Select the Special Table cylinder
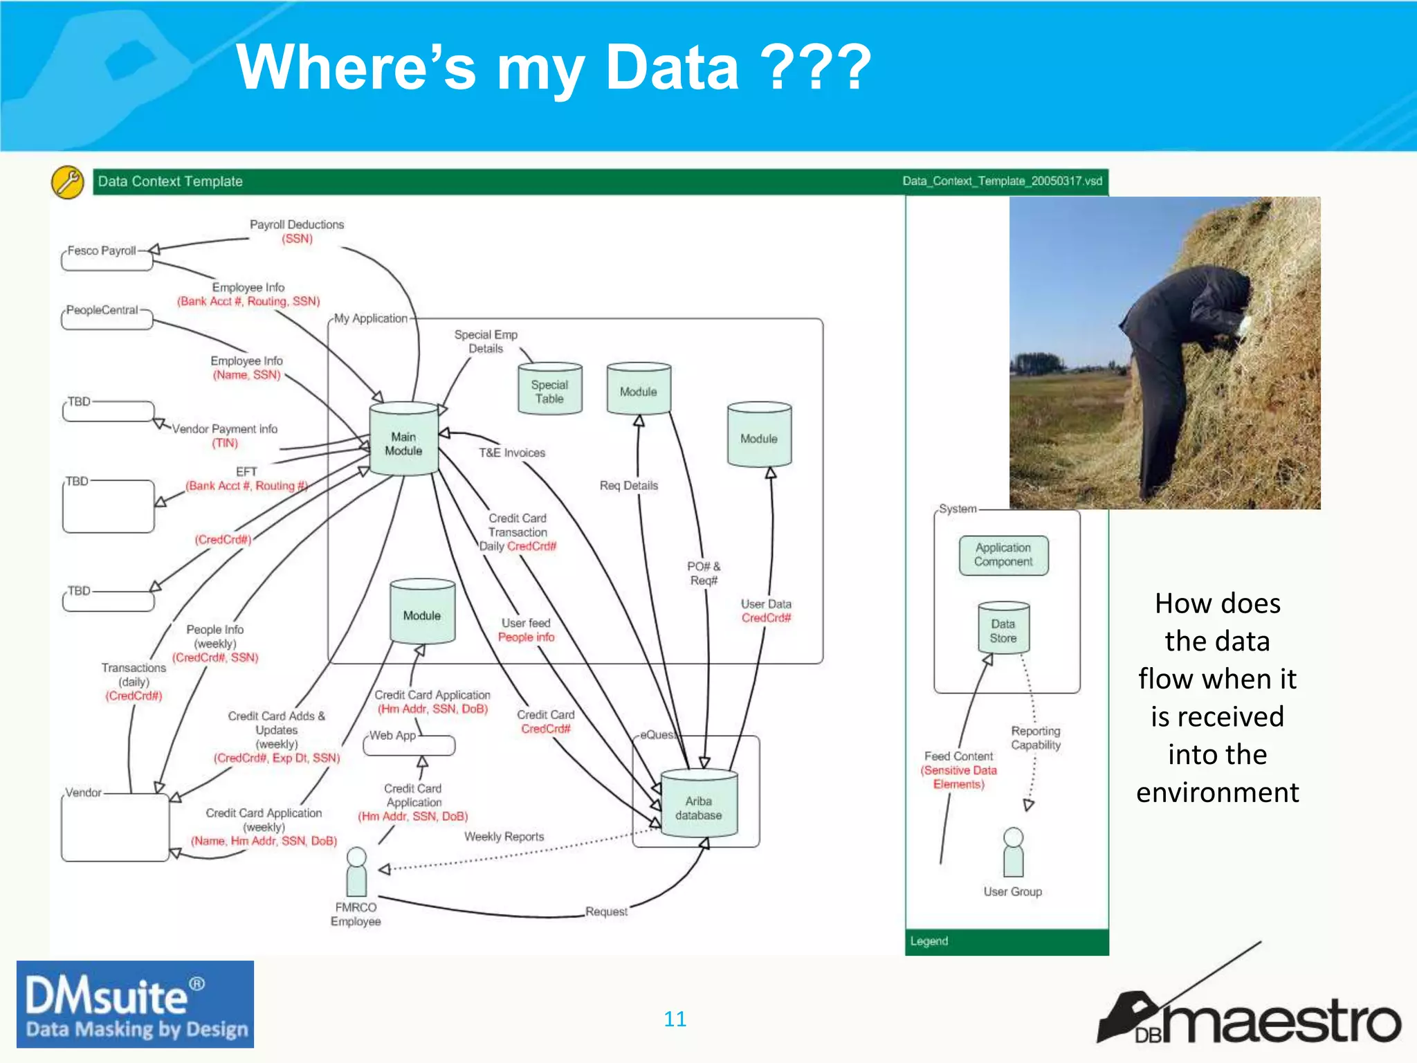click(x=550, y=390)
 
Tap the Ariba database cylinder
click(x=699, y=804)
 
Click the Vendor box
click(x=115, y=826)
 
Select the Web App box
click(x=409, y=745)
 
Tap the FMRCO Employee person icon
click(x=356, y=871)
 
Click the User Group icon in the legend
click(x=1013, y=853)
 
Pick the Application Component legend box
click(x=1003, y=555)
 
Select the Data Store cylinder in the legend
click(x=1003, y=628)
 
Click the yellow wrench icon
click(x=68, y=183)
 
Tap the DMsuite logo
click(x=136, y=1004)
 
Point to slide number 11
click(x=675, y=1019)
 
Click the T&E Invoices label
click(x=512, y=453)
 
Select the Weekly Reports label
click(x=504, y=837)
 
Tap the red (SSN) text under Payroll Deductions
click(x=297, y=239)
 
